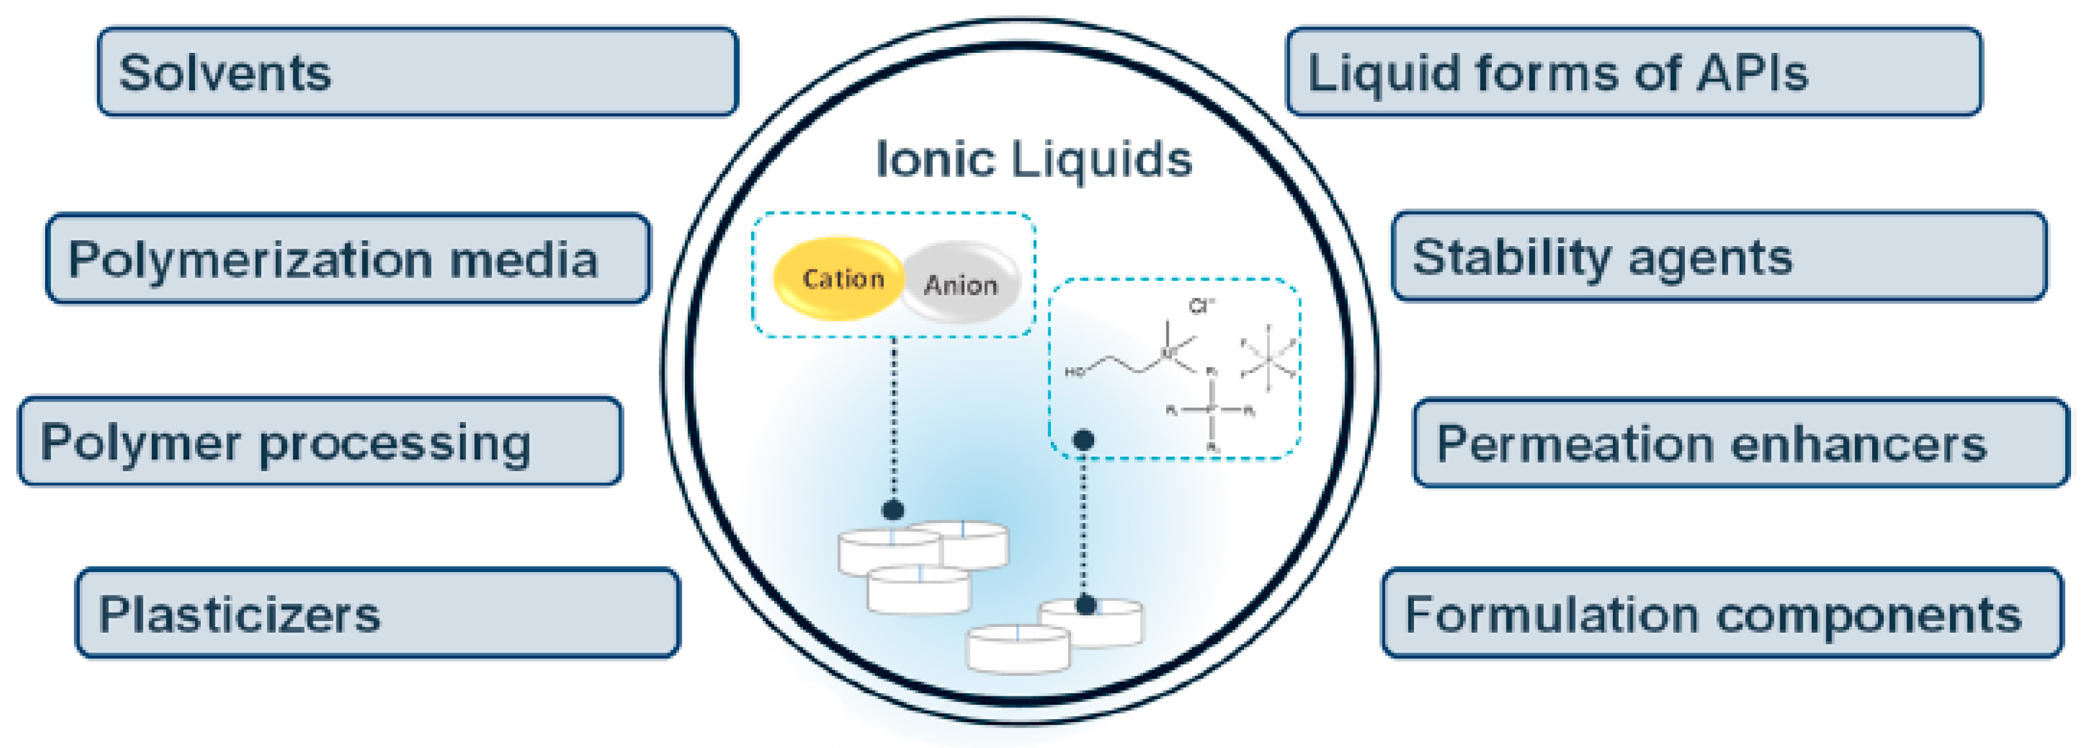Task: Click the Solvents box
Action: pos(418,72)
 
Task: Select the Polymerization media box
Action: pos(348,258)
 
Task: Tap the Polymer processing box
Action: pos(321,442)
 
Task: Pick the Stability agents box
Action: pos(1718,257)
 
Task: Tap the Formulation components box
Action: pos(1722,613)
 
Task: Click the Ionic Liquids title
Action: pos(1034,159)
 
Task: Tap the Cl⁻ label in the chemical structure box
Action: pos(1201,307)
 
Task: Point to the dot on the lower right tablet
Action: pos(1086,605)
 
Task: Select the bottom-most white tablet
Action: pos(1018,649)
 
